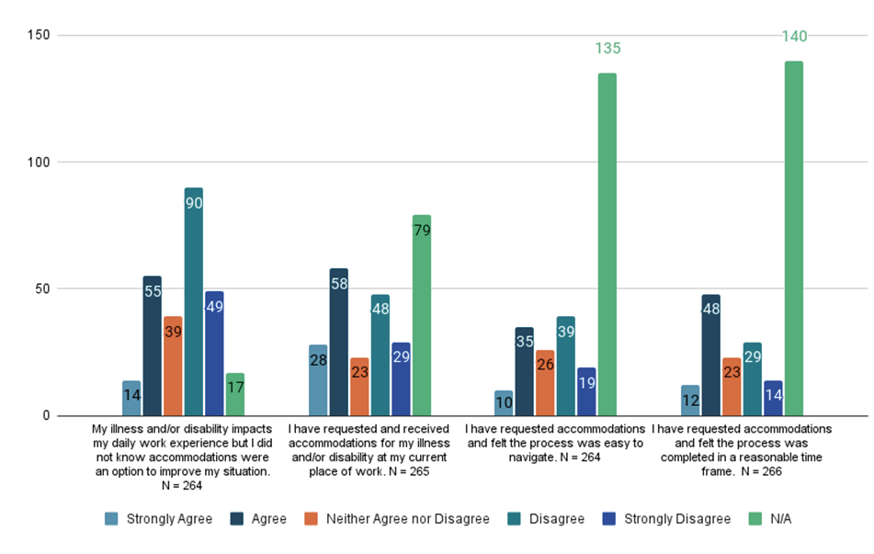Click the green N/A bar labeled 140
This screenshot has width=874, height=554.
point(793,239)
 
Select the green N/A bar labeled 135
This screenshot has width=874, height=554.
point(607,244)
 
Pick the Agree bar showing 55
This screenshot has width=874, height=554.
point(152,345)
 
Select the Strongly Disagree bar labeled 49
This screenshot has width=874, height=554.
point(214,354)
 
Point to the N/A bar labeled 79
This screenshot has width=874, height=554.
point(422,315)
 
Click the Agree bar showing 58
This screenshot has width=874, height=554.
point(339,342)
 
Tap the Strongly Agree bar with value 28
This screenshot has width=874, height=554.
point(318,380)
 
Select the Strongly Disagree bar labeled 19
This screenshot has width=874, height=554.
point(586,391)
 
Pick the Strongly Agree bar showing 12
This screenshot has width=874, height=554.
point(689,401)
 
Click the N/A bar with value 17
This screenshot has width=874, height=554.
point(234,394)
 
